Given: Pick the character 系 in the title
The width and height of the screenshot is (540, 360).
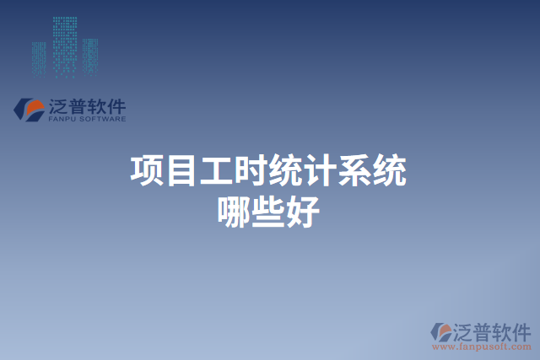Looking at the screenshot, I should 355,171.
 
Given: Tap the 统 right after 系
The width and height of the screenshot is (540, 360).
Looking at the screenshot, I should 390,171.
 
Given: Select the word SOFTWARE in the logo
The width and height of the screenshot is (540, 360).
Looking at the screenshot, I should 104,120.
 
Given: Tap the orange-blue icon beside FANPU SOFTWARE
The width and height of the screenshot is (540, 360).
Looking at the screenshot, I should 30,110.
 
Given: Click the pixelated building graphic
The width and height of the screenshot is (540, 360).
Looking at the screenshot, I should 59,46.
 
